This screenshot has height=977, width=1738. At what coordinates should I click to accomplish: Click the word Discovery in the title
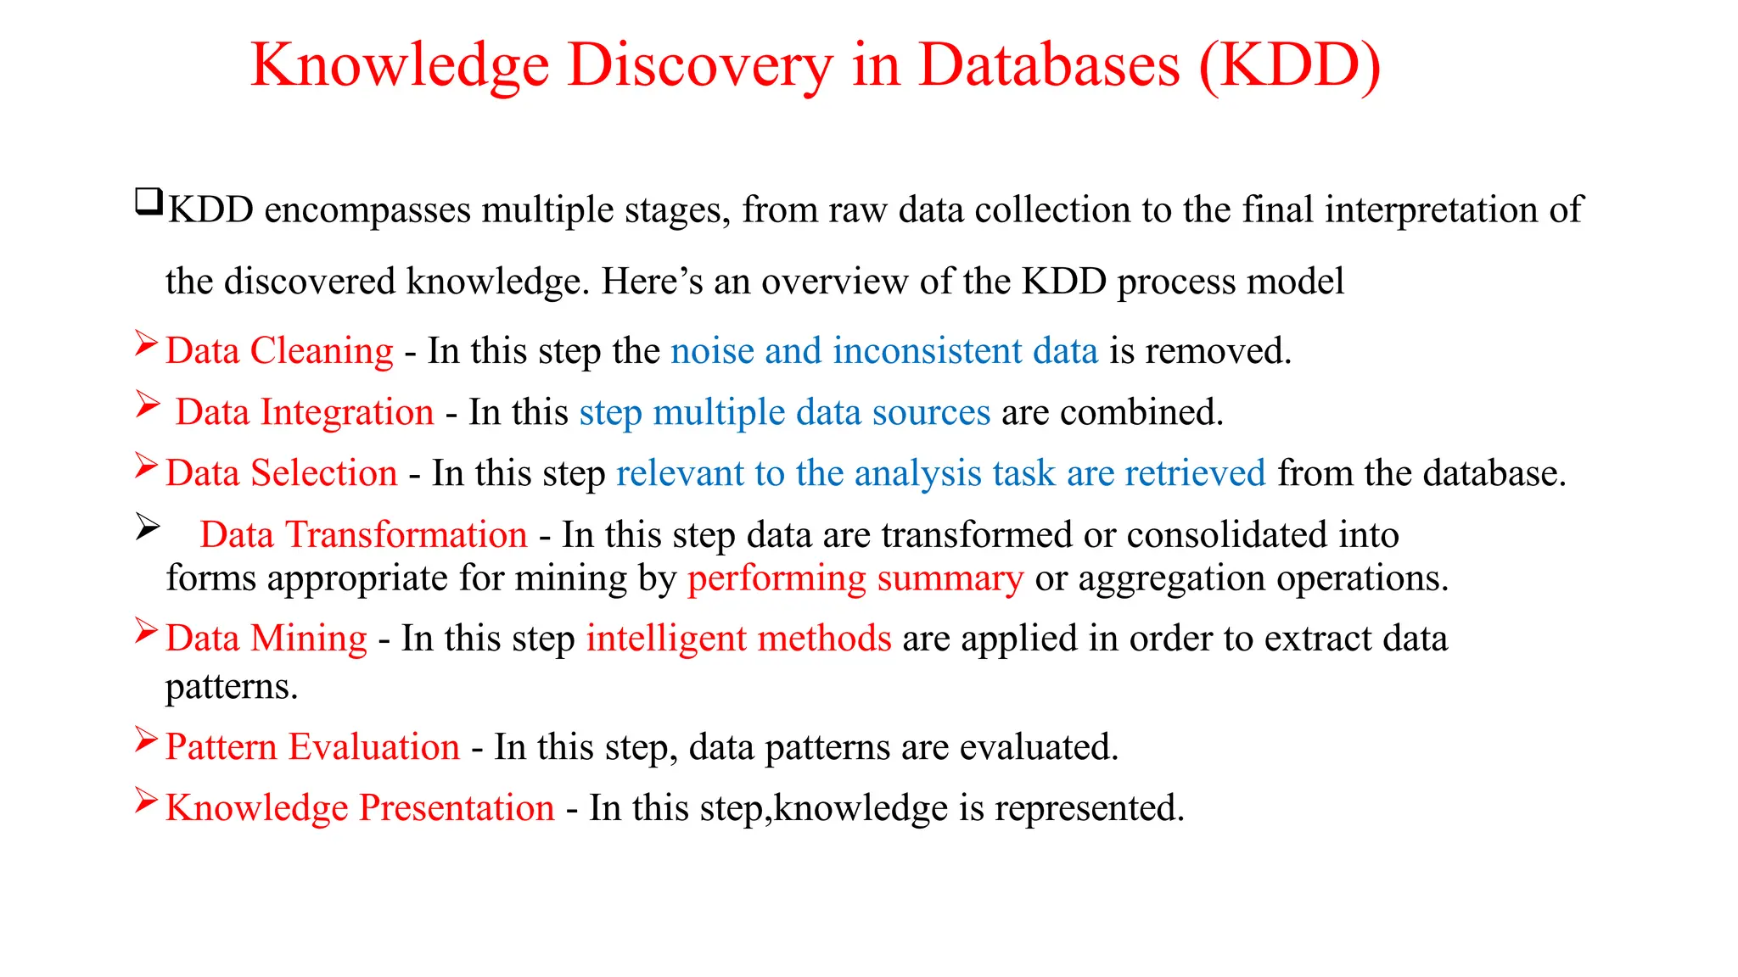click(700, 66)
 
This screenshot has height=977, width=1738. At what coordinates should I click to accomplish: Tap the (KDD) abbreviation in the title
click(1290, 66)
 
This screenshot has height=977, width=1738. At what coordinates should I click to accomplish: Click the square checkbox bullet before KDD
click(149, 202)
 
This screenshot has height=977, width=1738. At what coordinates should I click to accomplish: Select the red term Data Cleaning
click(279, 351)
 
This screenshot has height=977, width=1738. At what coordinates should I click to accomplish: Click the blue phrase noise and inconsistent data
click(884, 351)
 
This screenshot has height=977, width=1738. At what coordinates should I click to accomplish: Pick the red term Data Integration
click(305, 412)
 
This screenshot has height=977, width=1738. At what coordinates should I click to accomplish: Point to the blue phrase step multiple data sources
click(785, 412)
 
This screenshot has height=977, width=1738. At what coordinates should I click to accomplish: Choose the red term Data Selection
click(281, 473)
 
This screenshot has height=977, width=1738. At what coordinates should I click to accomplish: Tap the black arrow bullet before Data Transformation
click(148, 528)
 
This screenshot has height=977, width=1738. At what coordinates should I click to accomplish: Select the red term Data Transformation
click(363, 535)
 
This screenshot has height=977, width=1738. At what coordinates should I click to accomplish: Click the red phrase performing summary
click(855, 578)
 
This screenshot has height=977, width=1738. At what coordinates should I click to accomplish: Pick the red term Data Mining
click(266, 639)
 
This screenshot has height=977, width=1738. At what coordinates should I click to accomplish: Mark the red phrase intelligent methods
click(738, 639)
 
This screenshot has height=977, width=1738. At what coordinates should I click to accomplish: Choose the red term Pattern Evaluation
click(312, 747)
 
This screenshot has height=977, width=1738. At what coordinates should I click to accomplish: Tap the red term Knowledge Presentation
click(360, 808)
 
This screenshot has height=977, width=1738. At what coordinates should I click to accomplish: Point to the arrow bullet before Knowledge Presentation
click(147, 801)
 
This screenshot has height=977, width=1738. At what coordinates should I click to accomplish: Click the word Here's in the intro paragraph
click(652, 282)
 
